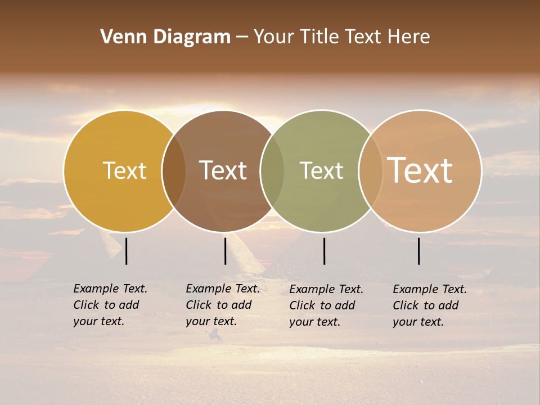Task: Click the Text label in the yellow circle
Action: point(124,170)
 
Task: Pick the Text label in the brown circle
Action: point(223,170)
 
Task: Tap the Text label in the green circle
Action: point(321,170)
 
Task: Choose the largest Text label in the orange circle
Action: point(420,170)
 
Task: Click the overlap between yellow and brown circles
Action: point(174,171)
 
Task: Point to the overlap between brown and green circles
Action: point(272,171)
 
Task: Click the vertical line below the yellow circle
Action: point(127,251)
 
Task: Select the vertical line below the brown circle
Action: point(225,251)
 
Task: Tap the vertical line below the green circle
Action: point(324,251)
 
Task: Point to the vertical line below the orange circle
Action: point(418,251)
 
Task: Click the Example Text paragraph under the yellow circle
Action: point(110,305)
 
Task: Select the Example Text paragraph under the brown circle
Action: point(222,305)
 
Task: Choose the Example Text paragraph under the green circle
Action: point(326,305)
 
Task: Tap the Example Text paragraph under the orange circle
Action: point(429,305)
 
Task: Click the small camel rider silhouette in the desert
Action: point(215,337)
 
